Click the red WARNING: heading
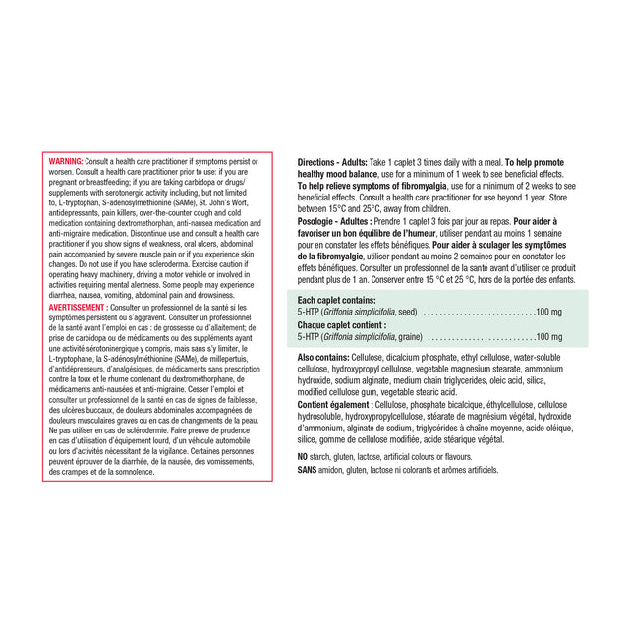click(66, 159)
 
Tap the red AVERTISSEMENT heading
click(79, 307)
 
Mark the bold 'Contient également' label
click(334, 404)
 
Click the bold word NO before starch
click(303, 457)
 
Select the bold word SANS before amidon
click(308, 470)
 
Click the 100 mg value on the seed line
click(548, 311)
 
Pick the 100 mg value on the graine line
click(548, 336)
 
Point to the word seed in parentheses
click(404, 311)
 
